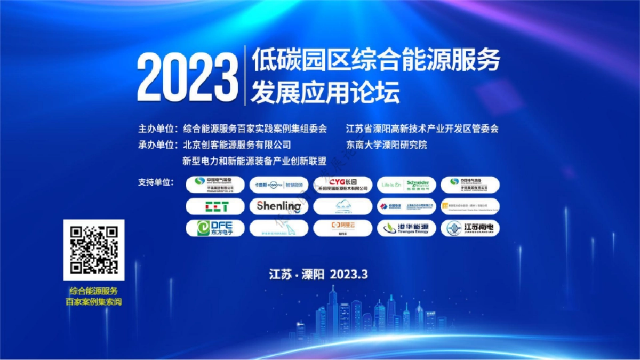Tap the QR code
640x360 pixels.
(x=94, y=250)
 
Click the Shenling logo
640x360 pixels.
(x=278, y=206)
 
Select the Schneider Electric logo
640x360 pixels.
(x=406, y=185)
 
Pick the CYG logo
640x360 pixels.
(x=342, y=185)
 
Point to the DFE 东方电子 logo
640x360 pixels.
(x=215, y=228)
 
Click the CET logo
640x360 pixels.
(x=215, y=206)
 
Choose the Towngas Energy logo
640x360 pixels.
(x=406, y=228)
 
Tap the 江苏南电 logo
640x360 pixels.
(x=470, y=228)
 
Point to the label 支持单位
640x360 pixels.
(x=157, y=182)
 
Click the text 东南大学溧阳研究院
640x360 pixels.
(x=387, y=145)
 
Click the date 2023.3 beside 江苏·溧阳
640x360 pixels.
(x=349, y=275)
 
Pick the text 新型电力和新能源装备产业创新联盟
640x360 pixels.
(x=254, y=161)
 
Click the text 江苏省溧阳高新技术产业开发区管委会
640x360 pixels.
(x=422, y=129)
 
